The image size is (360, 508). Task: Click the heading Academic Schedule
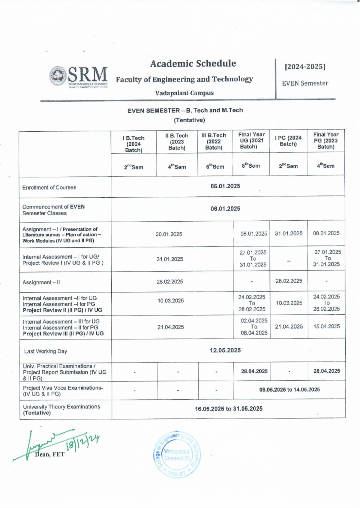(193, 64)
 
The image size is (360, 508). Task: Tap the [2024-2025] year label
(305, 67)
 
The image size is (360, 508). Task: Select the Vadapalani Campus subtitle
(184, 93)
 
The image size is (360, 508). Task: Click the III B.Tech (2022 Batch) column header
(214, 141)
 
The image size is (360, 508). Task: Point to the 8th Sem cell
(251, 166)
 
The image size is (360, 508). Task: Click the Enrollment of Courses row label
(49, 187)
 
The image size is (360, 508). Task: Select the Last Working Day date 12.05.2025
(225, 350)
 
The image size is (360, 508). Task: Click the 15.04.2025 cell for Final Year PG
(326, 326)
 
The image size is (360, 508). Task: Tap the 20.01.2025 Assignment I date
(169, 234)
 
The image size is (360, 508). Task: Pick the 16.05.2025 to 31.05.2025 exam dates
(229, 408)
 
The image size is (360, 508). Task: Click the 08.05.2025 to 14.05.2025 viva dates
(289, 390)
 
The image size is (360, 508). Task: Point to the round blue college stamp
(177, 455)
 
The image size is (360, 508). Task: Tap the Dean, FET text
(49, 454)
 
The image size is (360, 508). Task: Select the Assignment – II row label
(41, 282)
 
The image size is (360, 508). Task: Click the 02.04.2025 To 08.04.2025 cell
(254, 327)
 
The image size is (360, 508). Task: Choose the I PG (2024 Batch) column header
(288, 141)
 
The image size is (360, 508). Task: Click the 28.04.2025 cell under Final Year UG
(254, 371)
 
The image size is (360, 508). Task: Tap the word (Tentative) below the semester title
(189, 120)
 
